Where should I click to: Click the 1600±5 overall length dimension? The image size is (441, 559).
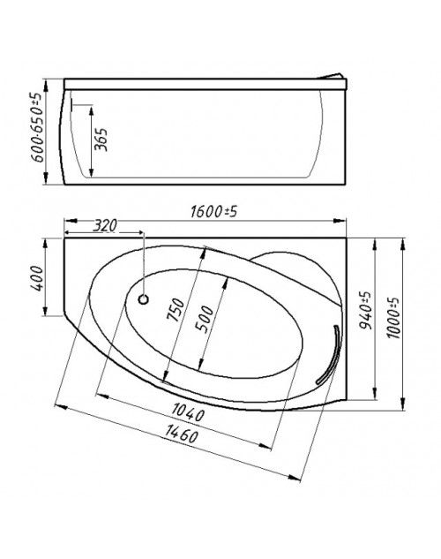tap(213, 212)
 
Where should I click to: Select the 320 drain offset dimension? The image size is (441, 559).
tap(105, 226)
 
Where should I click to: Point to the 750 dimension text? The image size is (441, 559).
tap(176, 310)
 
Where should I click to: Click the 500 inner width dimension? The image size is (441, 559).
tap(205, 319)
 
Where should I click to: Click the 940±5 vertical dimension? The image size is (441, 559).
tap(364, 310)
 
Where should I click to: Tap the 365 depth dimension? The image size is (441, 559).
tap(101, 140)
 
